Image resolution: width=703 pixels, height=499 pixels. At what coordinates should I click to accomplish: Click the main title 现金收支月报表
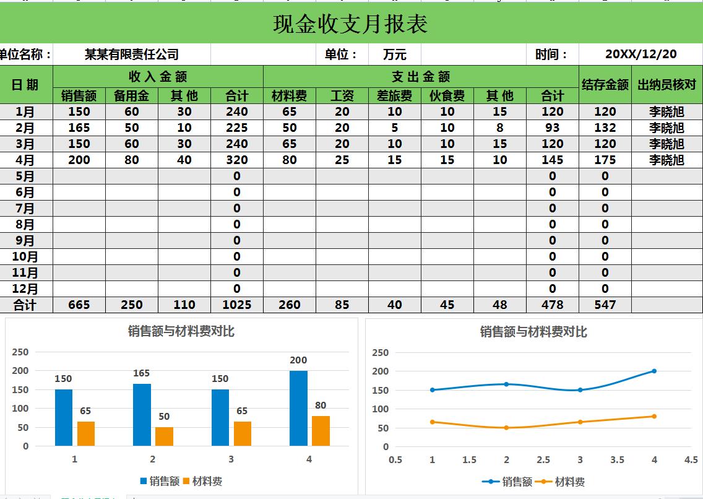coord(350,24)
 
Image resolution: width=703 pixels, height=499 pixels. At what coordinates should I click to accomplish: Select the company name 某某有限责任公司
coord(132,54)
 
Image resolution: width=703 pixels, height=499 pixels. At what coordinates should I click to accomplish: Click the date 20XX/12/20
coord(640,54)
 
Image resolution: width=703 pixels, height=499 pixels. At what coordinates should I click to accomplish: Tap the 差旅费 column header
coord(394,95)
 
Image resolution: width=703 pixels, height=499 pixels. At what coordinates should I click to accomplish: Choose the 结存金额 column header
coord(605,85)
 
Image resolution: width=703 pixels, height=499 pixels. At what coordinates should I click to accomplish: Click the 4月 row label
coord(25,160)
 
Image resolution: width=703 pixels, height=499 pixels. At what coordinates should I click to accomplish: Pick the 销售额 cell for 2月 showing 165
coord(79,128)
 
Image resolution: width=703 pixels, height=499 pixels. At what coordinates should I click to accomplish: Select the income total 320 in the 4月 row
coord(236,160)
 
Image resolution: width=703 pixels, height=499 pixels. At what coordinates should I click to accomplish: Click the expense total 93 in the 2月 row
coord(552,128)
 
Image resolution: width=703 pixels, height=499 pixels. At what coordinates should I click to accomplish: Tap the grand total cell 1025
coord(236,305)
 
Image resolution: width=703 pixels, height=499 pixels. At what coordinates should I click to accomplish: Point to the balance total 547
coord(605,305)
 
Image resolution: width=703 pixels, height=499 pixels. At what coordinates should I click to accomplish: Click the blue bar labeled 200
coord(298,408)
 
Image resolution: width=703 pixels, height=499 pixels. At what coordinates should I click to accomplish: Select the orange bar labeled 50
coord(164,436)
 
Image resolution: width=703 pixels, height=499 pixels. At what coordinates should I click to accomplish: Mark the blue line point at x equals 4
coord(654,371)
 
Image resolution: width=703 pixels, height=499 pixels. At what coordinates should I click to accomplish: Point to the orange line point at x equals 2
coord(506,428)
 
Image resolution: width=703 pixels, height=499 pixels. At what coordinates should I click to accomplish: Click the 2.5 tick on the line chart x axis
coord(543,460)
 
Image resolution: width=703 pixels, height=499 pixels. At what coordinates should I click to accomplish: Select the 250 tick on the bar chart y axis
coord(20,352)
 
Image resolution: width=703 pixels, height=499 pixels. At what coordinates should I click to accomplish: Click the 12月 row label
coord(25,289)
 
